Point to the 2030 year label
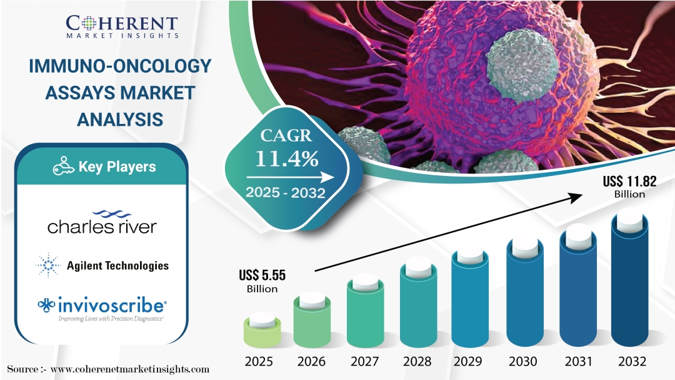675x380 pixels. [x=522, y=361]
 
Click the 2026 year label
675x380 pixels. [x=311, y=361]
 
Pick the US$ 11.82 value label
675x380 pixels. [x=629, y=187]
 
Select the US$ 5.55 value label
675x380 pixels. [x=262, y=281]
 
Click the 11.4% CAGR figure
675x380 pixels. [x=287, y=159]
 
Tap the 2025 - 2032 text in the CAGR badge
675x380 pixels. [x=286, y=192]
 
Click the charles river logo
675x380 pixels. [x=102, y=223]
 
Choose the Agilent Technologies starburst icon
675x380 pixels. [x=48, y=265]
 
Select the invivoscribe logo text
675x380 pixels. [x=112, y=306]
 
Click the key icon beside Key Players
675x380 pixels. [x=63, y=166]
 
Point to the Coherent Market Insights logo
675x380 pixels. [x=122, y=27]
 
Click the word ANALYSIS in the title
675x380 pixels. [x=120, y=120]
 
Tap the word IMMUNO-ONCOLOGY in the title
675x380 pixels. [x=120, y=66]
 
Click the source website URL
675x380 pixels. [x=129, y=369]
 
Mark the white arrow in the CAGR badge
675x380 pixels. [x=290, y=177]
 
